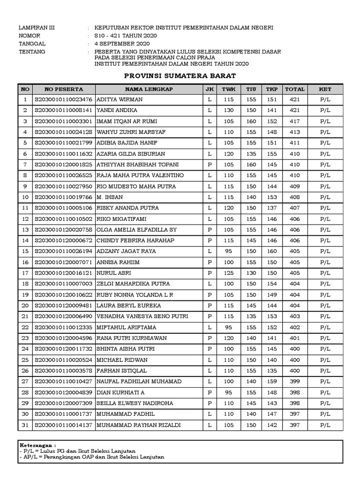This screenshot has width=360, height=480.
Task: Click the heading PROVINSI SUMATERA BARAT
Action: pos(180,76)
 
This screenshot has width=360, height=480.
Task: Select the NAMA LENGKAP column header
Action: pos(149,89)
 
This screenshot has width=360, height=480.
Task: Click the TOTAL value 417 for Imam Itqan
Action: pos(294,121)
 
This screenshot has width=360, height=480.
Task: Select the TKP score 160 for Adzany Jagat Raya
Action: pos(272,252)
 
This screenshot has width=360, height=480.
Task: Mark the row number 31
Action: pos(25,426)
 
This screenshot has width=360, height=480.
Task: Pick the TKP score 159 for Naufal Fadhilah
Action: pos(272,382)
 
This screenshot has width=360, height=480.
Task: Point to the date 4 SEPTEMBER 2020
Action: pos(122,44)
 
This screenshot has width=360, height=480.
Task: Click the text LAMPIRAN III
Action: pos(37,28)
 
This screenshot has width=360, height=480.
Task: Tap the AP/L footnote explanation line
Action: pos(92,457)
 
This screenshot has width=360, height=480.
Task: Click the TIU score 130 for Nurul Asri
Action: pos(251,273)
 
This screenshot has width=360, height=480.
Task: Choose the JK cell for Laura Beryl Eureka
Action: pos(210,306)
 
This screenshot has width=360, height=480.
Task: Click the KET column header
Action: pos(325,89)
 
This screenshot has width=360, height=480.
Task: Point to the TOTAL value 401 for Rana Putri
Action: pos(294,338)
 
